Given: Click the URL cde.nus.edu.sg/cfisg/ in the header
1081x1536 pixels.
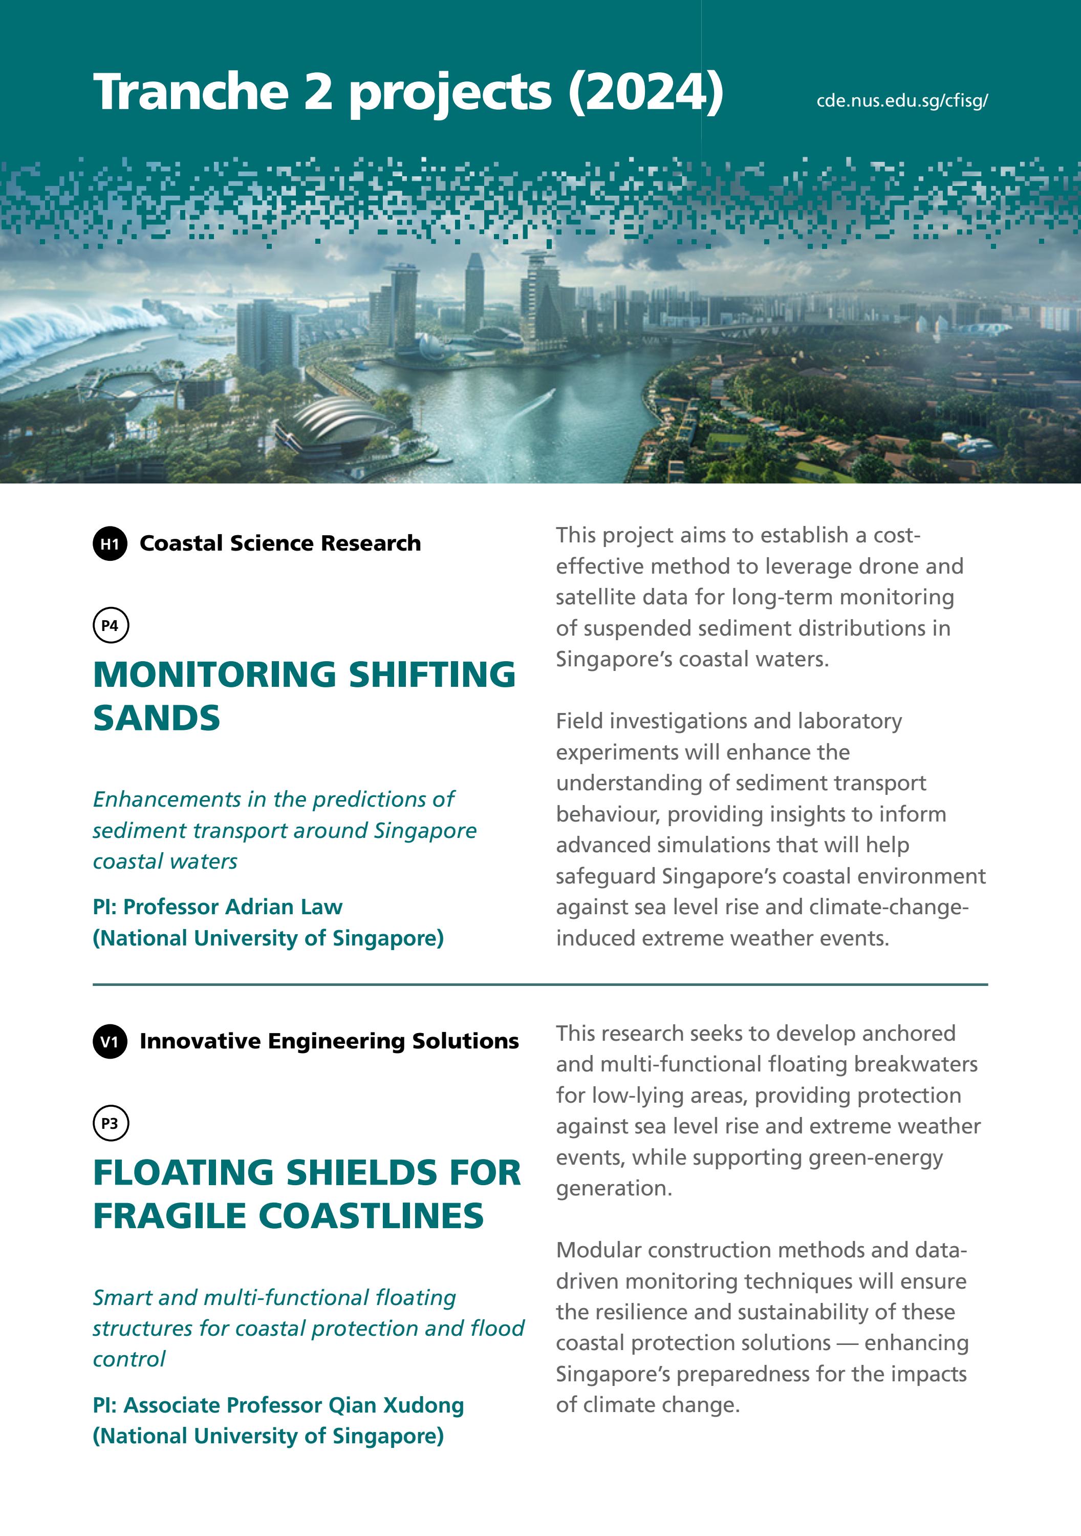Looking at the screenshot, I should click(902, 101).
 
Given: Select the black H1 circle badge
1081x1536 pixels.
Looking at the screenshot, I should click(110, 543).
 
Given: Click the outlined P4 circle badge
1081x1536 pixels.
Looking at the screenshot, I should click(110, 625).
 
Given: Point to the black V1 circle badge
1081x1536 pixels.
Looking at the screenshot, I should click(110, 1042).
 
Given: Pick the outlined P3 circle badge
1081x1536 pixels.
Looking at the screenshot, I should click(110, 1124).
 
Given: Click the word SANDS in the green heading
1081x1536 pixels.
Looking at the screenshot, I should click(157, 719).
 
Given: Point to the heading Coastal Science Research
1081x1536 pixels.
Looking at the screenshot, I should click(280, 543).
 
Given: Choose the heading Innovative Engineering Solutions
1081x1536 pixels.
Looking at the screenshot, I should click(329, 1042).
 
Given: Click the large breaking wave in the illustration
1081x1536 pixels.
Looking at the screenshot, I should click(60, 334).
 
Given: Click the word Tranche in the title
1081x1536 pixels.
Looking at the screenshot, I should click(190, 92).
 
